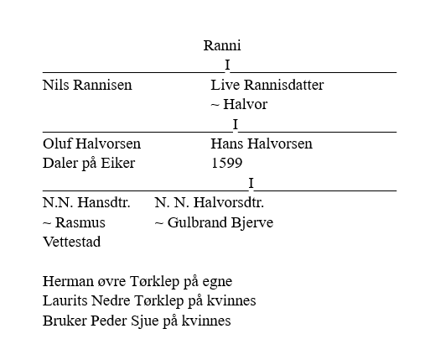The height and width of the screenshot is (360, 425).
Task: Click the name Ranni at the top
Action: pyautogui.click(x=222, y=45)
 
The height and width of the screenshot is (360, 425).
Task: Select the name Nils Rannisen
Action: pyautogui.click(x=87, y=85)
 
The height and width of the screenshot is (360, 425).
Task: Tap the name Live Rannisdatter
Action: pyautogui.click(x=267, y=85)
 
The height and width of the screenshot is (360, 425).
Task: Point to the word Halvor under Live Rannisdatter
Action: pyautogui.click(x=246, y=104)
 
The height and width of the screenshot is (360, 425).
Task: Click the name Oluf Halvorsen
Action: pyautogui.click(x=91, y=143)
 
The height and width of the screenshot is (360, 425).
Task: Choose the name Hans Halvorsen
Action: pyautogui.click(x=262, y=143)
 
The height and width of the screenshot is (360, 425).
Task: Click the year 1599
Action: pyautogui.click(x=226, y=163)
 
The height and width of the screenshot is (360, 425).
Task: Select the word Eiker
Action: pyautogui.click(x=118, y=163)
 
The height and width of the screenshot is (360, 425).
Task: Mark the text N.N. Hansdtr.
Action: pyautogui.click(x=86, y=202)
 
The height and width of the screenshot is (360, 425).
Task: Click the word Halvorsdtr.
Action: pyautogui.click(x=229, y=202)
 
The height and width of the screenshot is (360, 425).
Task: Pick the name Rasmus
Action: pyautogui.click(x=80, y=222)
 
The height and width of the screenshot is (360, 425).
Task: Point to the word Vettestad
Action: pyautogui.click(x=71, y=242)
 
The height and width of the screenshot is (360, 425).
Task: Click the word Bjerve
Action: pyautogui.click(x=252, y=223)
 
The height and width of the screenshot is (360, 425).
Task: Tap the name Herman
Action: pyautogui.click(x=69, y=281)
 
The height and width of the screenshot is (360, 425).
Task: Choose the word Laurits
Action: pyautogui.click(x=65, y=300)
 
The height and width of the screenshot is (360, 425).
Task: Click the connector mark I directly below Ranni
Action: pyautogui.click(x=227, y=65)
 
